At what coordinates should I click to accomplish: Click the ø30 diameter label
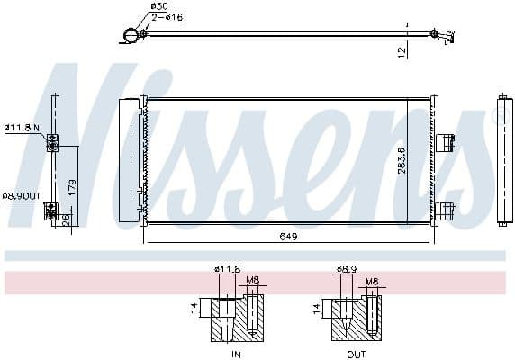pos(159,6)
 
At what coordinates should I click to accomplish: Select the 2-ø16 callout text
pos(167,17)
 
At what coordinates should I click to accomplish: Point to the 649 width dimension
pos(288,237)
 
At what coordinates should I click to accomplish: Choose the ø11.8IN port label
pos(22,128)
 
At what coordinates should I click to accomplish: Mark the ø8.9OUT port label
pos(22,195)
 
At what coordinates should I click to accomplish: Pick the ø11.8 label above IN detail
pos(227,269)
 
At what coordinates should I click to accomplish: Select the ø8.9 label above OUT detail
pos(348,269)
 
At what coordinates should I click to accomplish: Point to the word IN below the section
pos(236,354)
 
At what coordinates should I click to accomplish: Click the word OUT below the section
pos(358,354)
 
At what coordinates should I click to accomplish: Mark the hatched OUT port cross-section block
pos(358,320)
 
